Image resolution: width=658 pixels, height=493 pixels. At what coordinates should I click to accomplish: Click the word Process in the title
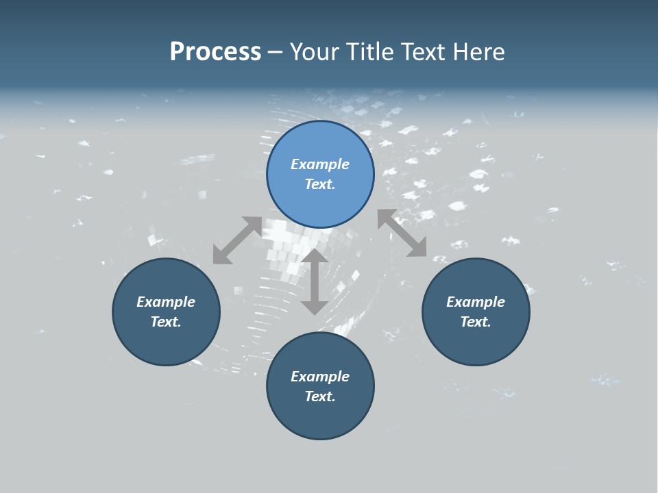(215, 52)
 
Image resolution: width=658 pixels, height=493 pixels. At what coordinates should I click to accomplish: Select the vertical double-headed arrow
(315, 281)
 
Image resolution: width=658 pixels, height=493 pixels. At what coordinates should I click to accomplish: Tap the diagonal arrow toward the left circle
(237, 240)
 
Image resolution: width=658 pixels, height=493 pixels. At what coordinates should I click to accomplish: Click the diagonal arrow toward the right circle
(402, 233)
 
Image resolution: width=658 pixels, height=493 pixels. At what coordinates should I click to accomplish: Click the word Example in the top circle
(320, 164)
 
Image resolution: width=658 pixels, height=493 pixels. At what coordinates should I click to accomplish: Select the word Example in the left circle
(166, 302)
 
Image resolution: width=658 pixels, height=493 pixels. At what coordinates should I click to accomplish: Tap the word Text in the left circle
(165, 322)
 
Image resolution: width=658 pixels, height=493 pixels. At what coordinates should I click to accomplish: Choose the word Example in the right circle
(476, 302)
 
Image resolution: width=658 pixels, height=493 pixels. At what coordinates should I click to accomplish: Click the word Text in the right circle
(475, 322)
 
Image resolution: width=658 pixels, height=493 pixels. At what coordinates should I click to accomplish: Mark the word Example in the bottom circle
(320, 377)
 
